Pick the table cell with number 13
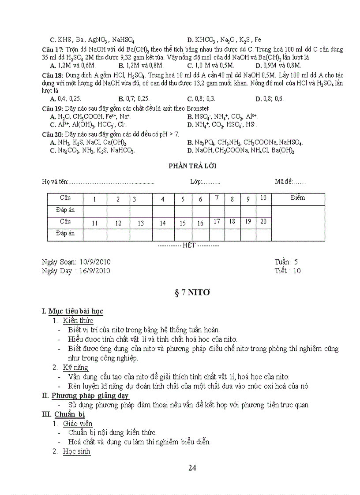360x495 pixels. pyautogui.click(x=141, y=223)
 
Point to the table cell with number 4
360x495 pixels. pyautogui.click(x=163, y=199)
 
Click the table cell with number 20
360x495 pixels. pyautogui.click(x=263, y=222)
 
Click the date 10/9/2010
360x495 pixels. pyautogui.click(x=95, y=262)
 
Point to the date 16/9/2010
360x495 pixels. pyautogui.click(x=95, y=271)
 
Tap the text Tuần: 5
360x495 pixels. pyautogui.click(x=286, y=262)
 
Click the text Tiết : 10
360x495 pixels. pyautogui.click(x=287, y=271)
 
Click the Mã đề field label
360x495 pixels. pyautogui.click(x=283, y=182)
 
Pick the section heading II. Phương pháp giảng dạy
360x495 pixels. pyautogui.click(x=85, y=395)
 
